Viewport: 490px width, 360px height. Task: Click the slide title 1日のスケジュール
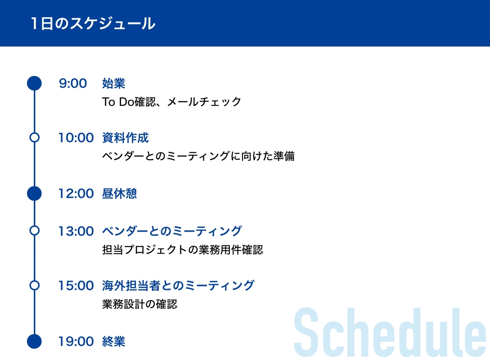pyautogui.click(x=93, y=24)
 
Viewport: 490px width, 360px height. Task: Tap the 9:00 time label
pyautogui.click(x=73, y=83)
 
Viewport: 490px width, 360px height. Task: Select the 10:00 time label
pyautogui.click(x=76, y=138)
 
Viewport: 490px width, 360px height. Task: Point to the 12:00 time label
pyautogui.click(x=76, y=194)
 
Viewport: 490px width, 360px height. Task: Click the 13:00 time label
pyautogui.click(x=76, y=231)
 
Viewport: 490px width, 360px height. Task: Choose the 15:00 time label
pyautogui.click(x=76, y=286)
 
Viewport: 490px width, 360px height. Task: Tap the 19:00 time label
pyautogui.click(x=76, y=341)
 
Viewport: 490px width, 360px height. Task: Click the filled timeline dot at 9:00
pyautogui.click(x=34, y=83)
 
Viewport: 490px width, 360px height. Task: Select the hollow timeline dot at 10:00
pyautogui.click(x=34, y=138)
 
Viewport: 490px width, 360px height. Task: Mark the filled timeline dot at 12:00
pyautogui.click(x=34, y=193)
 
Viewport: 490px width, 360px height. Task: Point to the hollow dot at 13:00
pyautogui.click(x=34, y=231)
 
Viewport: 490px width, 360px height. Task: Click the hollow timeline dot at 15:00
pyautogui.click(x=34, y=286)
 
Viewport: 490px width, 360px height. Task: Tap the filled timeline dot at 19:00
pyautogui.click(x=34, y=341)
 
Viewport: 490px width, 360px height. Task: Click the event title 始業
pyautogui.click(x=114, y=83)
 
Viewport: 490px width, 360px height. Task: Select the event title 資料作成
pyautogui.click(x=125, y=138)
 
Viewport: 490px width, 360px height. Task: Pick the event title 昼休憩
pyautogui.click(x=120, y=194)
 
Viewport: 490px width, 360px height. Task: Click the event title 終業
pyautogui.click(x=114, y=341)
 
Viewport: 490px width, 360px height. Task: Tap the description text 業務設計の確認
pyautogui.click(x=140, y=304)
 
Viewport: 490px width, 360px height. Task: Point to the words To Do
pyautogui.click(x=118, y=102)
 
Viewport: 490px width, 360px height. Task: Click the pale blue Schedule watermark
pyautogui.click(x=390, y=332)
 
